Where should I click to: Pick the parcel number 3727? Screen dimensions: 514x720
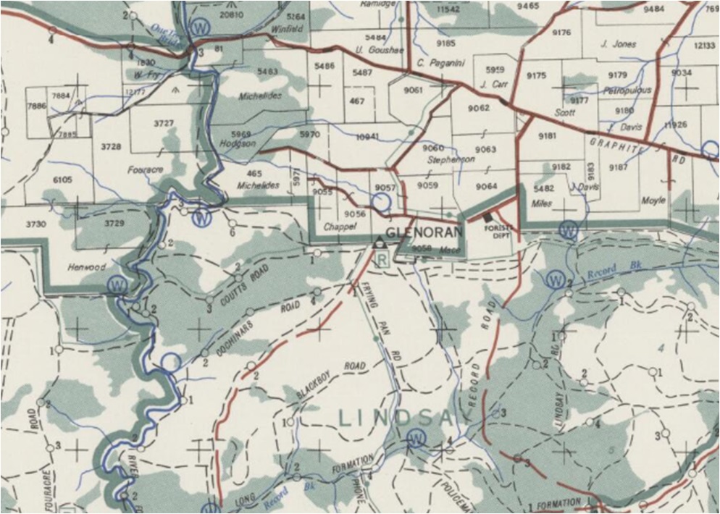point(164,123)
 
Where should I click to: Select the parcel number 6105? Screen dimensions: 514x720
point(63,180)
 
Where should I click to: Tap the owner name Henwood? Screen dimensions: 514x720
point(87,267)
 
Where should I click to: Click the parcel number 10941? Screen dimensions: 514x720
point(367,136)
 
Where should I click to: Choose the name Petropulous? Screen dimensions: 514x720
point(627,90)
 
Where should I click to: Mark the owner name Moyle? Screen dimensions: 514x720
point(653,200)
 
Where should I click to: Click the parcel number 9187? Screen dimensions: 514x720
point(618,167)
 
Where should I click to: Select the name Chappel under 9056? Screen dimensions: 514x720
point(340,227)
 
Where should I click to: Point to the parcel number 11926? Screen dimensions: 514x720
point(674,125)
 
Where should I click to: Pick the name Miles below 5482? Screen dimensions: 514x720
point(541,203)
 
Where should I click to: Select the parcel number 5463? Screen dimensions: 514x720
point(267,71)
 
